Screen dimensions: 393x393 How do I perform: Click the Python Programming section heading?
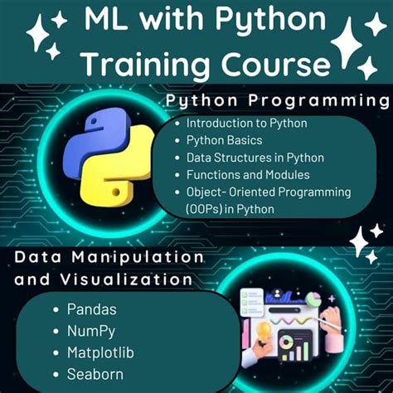tap(277, 101)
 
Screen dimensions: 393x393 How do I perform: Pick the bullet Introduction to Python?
tap(247, 124)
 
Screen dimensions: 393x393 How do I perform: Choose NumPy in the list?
tap(91, 331)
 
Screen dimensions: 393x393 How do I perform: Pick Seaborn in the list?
tap(95, 374)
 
